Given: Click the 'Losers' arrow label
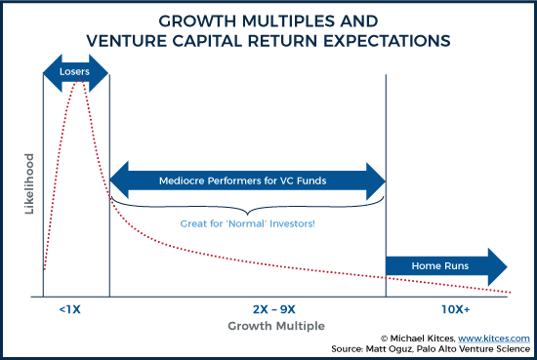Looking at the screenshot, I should click(75, 69).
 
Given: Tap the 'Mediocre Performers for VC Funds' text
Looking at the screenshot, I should click(247, 180).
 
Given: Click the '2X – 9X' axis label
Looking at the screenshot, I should click(248, 309).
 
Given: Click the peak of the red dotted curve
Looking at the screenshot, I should click(76, 84).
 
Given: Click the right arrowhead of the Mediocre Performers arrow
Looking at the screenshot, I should click(377, 180).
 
